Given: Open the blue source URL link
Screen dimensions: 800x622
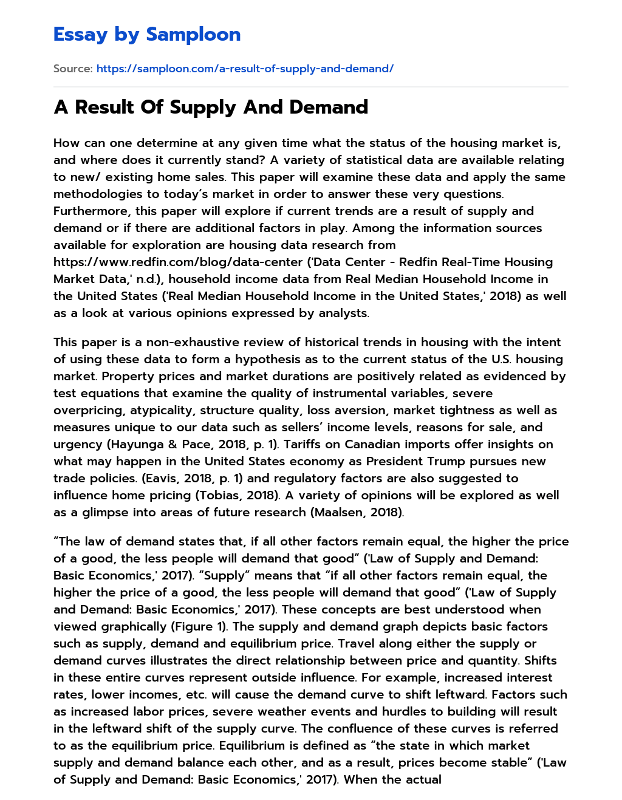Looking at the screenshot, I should coord(245,69).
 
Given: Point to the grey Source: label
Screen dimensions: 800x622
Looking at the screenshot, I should coord(73,69).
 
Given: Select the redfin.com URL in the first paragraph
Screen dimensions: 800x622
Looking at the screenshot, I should coord(178,262).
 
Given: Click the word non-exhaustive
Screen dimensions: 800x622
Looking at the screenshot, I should coord(187,343).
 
